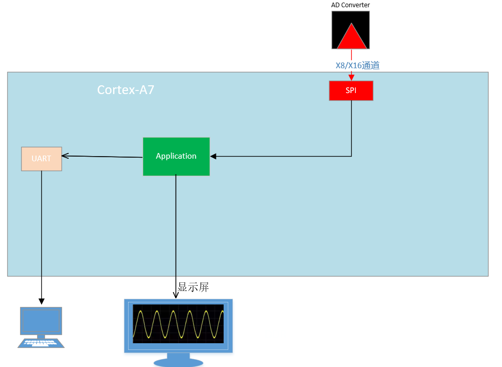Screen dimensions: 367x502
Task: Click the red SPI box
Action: [x=351, y=90]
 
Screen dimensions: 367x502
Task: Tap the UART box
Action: [x=41, y=159]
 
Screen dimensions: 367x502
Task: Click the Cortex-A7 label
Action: [x=126, y=90]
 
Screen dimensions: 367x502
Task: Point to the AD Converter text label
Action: [x=350, y=5]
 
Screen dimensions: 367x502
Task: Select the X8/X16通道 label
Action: [x=358, y=66]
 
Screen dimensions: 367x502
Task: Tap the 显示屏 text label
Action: [x=194, y=287]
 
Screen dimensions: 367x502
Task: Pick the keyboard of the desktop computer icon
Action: [x=41, y=343]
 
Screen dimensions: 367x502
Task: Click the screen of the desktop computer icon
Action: [x=41, y=320]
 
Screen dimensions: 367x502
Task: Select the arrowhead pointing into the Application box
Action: [x=213, y=156]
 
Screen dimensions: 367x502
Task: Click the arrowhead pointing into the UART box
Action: [x=65, y=155]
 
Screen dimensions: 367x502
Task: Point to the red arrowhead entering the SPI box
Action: [x=352, y=78]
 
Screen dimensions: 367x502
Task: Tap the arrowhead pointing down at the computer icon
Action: [x=41, y=301]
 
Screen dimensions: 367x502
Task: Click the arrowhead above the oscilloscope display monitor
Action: [x=176, y=296]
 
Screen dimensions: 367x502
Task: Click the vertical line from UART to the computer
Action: [x=41, y=233]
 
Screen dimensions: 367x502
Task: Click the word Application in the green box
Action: [x=176, y=156]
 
